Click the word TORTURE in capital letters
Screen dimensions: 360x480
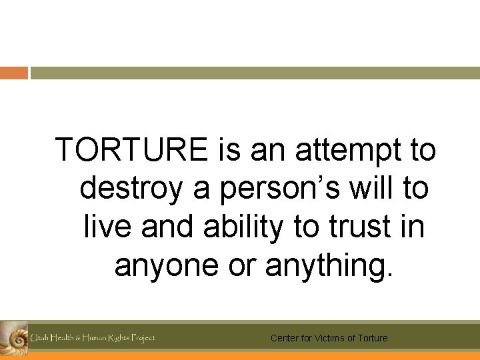[x=132, y=149]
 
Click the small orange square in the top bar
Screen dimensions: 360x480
[x=13, y=73]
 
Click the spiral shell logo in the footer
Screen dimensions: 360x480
[x=13, y=337]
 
